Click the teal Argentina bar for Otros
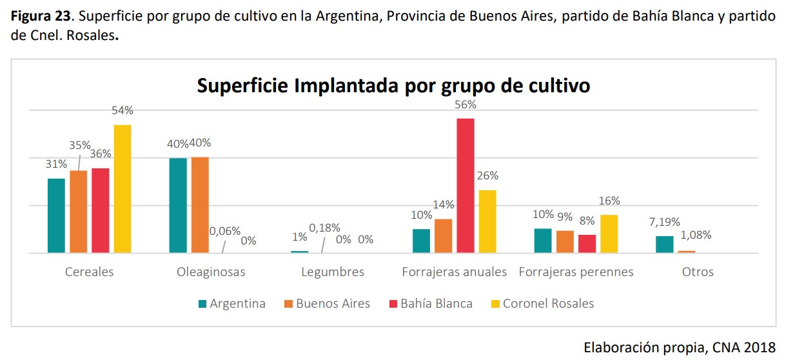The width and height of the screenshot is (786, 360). [x=664, y=245]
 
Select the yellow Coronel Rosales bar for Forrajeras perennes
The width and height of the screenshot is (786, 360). [x=609, y=234]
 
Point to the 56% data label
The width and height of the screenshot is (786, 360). [x=466, y=105]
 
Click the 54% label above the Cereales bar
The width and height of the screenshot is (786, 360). [x=123, y=110]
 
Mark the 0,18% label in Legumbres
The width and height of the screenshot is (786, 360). [x=324, y=227]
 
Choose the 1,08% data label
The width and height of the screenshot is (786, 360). [x=697, y=235]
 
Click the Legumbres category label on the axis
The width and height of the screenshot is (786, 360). [x=333, y=272]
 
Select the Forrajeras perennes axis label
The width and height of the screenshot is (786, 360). [x=576, y=272]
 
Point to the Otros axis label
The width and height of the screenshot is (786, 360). [x=698, y=272]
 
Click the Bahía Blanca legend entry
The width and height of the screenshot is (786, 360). [x=436, y=303]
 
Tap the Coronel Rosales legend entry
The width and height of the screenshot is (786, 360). [x=548, y=303]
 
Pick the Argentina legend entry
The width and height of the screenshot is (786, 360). [x=237, y=303]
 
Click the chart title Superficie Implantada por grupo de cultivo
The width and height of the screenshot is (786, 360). [x=393, y=85]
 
